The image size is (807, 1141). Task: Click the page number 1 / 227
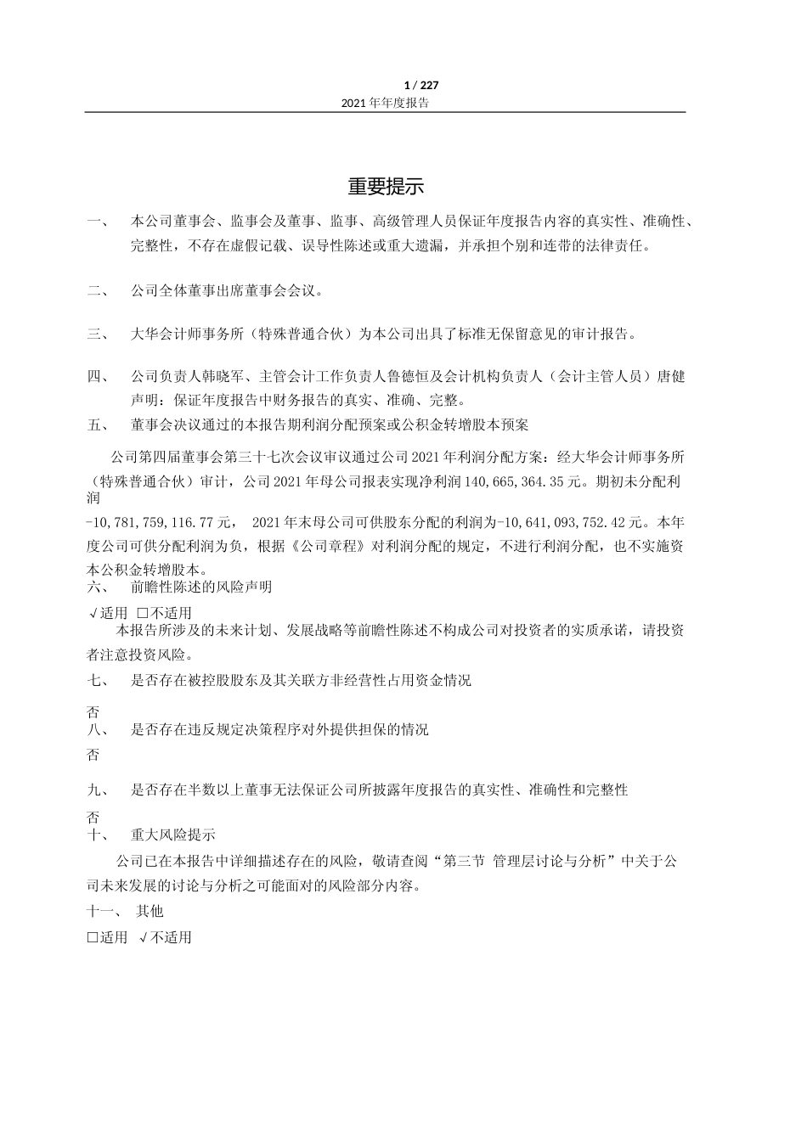pos(421,85)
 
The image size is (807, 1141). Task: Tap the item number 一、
pos(98,222)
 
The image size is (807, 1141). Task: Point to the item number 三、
pos(98,334)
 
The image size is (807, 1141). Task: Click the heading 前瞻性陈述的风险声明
pos(201,587)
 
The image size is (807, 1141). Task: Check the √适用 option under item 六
pos(108,613)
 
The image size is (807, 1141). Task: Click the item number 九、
pos(98,790)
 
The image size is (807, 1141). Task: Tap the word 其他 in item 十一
pos(150,911)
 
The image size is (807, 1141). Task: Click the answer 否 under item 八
pos(93,755)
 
